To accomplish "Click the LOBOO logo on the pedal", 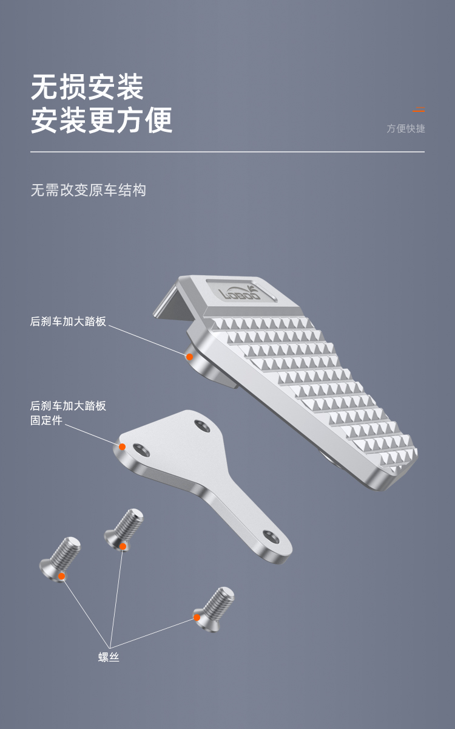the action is (240, 293).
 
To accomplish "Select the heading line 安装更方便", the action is (101, 120).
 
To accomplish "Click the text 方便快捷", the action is (406, 129).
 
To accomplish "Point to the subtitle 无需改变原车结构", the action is (89, 190).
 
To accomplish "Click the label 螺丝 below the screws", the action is (109, 657).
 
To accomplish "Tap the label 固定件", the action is (46, 420).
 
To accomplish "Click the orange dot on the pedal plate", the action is (189, 357).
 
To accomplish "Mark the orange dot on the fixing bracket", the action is (122, 447).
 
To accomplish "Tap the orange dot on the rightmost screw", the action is (197, 617).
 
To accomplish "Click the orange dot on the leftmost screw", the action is (61, 577).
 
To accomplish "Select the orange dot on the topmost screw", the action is (123, 546).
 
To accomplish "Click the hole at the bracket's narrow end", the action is (271, 537).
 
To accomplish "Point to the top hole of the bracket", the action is (202, 426).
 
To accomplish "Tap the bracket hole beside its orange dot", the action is (141, 450).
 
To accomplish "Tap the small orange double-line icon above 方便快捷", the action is (419, 109).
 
